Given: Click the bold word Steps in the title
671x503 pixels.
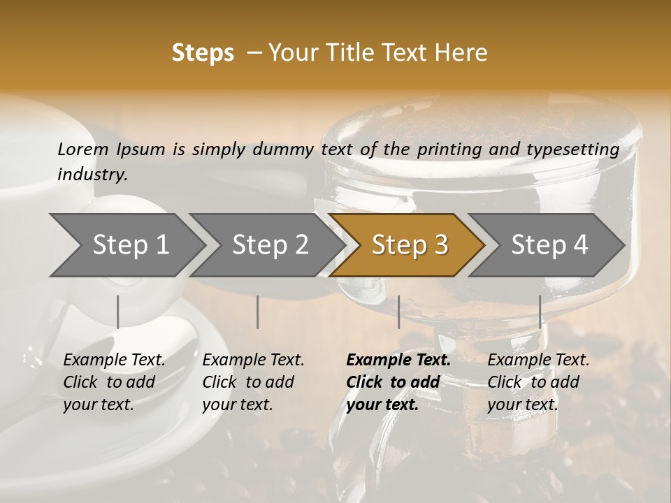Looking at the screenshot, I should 203,53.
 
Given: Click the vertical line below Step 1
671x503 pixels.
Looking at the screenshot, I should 118,312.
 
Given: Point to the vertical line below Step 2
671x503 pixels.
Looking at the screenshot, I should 258,312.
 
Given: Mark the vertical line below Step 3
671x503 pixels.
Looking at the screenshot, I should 399,312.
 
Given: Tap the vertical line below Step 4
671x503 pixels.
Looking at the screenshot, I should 540,312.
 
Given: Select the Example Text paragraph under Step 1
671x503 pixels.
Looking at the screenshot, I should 114,382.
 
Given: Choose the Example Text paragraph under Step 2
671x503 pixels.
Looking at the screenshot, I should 253,382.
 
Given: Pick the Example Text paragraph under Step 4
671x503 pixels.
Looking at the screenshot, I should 538,382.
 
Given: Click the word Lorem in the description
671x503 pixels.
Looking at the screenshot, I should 83,150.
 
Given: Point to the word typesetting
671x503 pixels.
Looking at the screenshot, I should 572,150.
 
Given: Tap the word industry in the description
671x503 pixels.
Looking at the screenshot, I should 92,175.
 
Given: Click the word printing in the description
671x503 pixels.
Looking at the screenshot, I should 450,150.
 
